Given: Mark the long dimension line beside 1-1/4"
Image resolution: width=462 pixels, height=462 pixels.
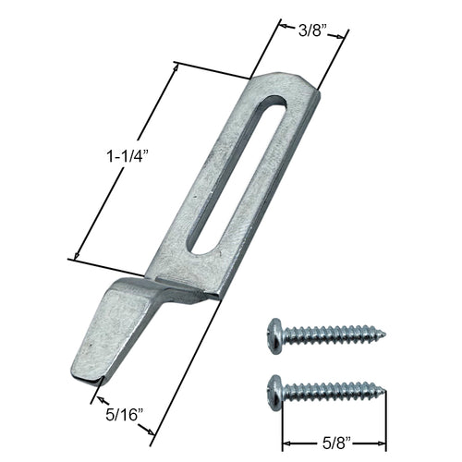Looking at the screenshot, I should (x=124, y=162).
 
